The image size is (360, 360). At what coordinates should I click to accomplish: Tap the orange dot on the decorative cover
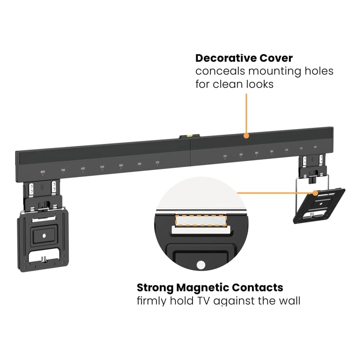coord(246,136)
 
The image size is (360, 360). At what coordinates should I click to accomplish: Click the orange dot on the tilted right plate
coord(316,193)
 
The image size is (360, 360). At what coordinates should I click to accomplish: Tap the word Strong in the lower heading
coord(156,288)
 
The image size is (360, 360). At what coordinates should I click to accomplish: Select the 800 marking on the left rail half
coord(43,172)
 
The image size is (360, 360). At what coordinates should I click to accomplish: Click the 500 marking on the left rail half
coord(102,167)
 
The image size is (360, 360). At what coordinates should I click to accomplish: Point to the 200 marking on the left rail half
coord(157,163)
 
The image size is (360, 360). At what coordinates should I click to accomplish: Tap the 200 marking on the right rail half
coord(225,156)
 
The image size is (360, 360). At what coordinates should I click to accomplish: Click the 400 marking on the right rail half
coord(256,153)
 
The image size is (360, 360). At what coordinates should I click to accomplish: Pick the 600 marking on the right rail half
coord(287,150)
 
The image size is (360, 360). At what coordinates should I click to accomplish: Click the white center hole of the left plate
coord(44,236)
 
